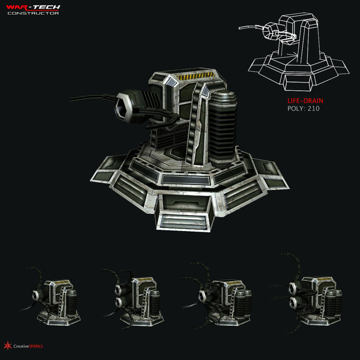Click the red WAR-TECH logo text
pos(33,7)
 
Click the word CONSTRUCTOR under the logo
pos(33,13)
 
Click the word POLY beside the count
pos(296,109)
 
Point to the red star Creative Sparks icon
pos(7,345)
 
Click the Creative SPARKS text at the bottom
pos(28,346)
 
